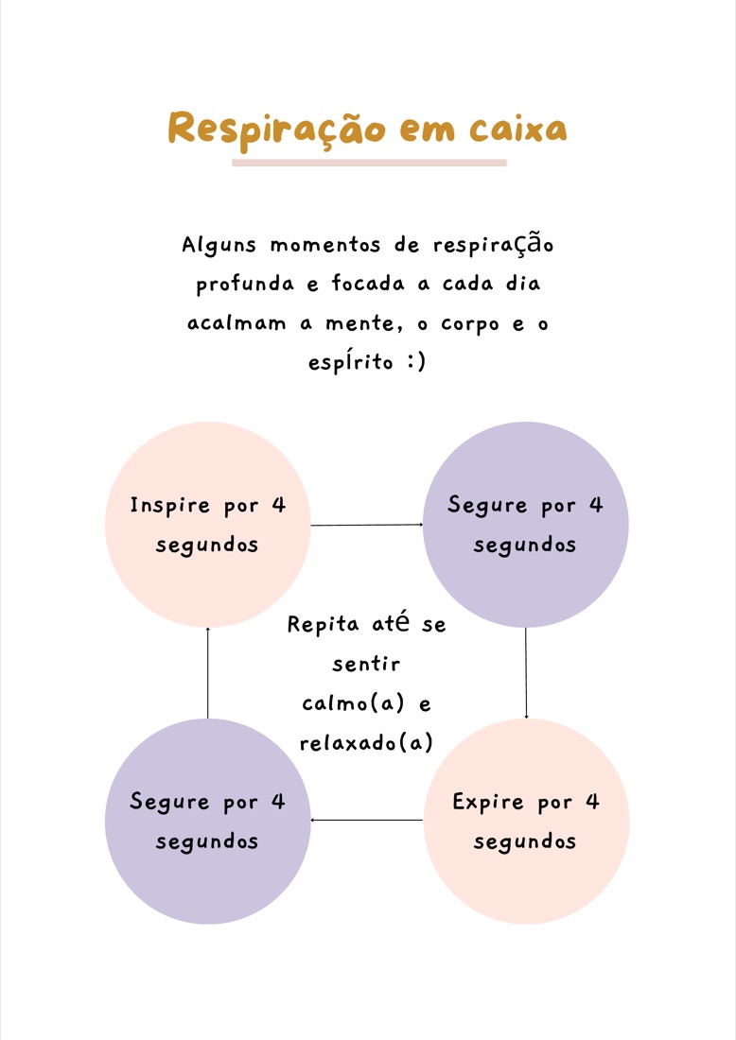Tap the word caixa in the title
518,129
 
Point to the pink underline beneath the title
369,163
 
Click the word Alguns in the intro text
219,246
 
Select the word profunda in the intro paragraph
245,285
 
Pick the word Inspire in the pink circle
170,506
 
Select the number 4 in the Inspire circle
279,506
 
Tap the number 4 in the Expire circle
592,802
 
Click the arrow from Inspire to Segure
367,526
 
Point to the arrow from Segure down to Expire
526,673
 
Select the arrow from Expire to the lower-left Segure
367,821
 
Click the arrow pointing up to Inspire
208,673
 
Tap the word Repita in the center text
324,625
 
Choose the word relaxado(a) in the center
366,743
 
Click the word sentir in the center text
366,664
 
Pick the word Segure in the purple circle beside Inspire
487,506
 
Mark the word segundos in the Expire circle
525,842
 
